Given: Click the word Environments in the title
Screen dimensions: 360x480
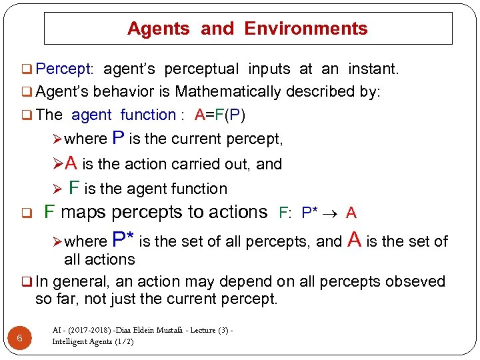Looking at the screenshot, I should (306, 29).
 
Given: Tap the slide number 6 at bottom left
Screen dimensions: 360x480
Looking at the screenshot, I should (20, 338).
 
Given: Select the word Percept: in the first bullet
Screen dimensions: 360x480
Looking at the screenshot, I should (65, 69).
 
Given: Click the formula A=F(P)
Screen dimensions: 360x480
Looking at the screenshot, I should (220, 115).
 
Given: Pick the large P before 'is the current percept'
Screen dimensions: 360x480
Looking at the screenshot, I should (117, 138).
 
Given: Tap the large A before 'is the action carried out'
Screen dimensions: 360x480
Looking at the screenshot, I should (71, 163).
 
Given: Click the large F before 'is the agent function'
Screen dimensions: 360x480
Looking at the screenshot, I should (75, 188).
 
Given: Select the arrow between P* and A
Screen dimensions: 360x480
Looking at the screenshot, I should (331, 213).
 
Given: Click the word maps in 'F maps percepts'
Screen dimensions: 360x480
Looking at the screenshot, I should (81, 213).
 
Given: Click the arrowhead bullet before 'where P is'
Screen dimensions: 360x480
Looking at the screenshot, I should (57, 139).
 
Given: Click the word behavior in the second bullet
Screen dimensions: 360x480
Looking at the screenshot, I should (123, 91).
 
